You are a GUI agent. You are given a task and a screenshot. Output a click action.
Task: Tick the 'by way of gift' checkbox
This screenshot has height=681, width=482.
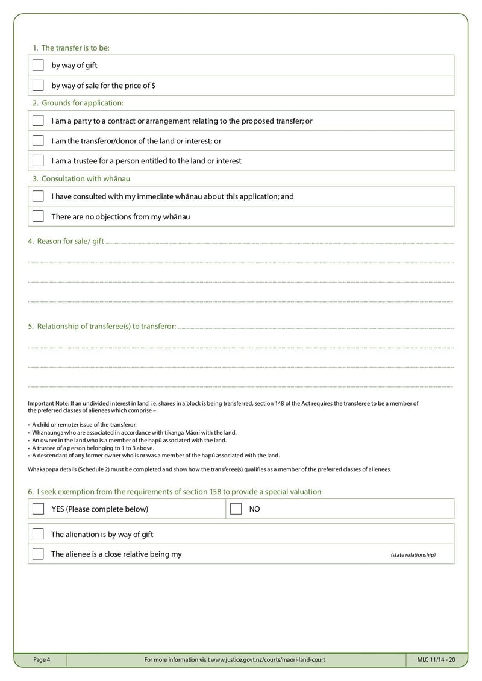tap(38, 65)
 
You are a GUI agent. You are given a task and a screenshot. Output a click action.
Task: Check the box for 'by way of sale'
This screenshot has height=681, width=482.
tap(38, 85)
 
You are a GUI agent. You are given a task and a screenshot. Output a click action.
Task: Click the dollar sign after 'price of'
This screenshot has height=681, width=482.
tap(154, 86)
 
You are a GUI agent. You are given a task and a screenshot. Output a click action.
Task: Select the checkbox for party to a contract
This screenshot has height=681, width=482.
tap(38, 121)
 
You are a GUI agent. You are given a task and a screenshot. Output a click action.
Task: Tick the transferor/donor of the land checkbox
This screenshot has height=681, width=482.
tap(38, 140)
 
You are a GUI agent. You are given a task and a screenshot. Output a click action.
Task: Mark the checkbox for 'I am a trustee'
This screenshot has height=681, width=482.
tap(38, 160)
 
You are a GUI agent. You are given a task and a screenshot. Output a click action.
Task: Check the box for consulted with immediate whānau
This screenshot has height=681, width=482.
tap(38, 196)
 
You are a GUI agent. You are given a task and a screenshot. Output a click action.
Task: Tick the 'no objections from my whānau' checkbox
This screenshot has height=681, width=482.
tap(38, 216)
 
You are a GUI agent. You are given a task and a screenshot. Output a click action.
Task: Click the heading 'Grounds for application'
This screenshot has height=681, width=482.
tap(82, 103)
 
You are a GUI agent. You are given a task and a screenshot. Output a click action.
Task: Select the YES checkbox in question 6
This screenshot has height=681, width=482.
tap(38, 509)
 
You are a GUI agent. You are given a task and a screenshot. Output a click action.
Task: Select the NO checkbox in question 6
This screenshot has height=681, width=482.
tap(236, 509)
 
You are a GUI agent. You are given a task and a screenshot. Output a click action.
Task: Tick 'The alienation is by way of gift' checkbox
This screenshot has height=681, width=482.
tap(38, 534)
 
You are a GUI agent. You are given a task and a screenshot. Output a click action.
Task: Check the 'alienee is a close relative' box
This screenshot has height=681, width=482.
tap(38, 553)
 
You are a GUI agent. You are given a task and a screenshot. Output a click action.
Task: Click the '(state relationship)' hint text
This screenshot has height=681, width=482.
tap(413, 554)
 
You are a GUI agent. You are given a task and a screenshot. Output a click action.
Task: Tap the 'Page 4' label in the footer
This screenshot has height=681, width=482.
tap(42, 660)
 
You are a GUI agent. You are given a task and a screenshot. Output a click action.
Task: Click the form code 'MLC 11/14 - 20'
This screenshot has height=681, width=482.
tap(436, 660)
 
